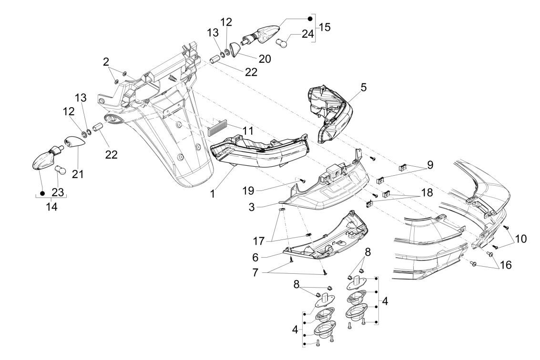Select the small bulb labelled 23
click(x=60, y=169)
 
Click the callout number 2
click(x=106, y=61)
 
